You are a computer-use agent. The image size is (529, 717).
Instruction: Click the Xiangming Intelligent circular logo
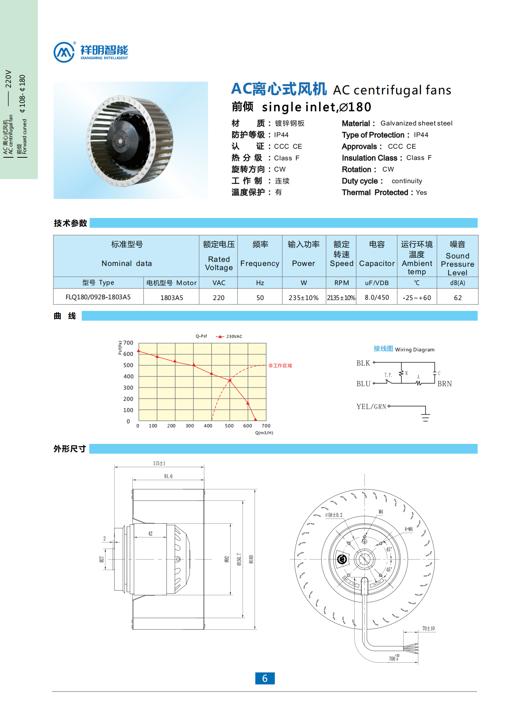pyautogui.click(x=64, y=52)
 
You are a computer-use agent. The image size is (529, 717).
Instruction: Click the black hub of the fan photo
pyautogui.click(x=121, y=141)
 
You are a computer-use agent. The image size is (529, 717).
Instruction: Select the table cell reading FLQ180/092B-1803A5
pyautogui.click(x=98, y=297)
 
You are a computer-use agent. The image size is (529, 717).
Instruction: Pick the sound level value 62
pyautogui.click(x=457, y=298)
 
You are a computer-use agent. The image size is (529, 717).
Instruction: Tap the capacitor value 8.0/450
pyautogui.click(x=377, y=297)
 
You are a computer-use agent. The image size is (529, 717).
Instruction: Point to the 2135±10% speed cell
pyautogui.click(x=341, y=298)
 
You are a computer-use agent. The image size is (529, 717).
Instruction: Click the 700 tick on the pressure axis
pyautogui.click(x=128, y=343)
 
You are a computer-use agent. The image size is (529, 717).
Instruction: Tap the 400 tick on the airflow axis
pyautogui.click(x=208, y=426)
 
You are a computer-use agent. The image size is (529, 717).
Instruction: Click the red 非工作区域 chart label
pyautogui.click(x=280, y=366)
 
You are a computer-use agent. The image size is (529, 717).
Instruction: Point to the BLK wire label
pyautogui.click(x=363, y=363)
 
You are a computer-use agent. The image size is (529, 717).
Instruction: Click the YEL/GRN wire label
pyautogui.click(x=371, y=406)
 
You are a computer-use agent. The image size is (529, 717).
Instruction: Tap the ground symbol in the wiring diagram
pyautogui.click(x=425, y=417)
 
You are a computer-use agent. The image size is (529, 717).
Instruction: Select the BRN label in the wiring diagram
pyautogui.click(x=445, y=384)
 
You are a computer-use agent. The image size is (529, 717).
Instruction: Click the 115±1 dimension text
pyautogui.click(x=159, y=463)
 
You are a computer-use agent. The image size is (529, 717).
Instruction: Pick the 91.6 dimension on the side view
pyautogui.click(x=168, y=476)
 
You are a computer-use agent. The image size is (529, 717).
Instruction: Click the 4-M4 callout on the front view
pyautogui.click(x=408, y=529)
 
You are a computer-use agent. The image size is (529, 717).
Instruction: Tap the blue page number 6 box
pyautogui.click(x=265, y=678)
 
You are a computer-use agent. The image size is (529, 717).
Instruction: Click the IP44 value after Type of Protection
pyautogui.click(x=421, y=135)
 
